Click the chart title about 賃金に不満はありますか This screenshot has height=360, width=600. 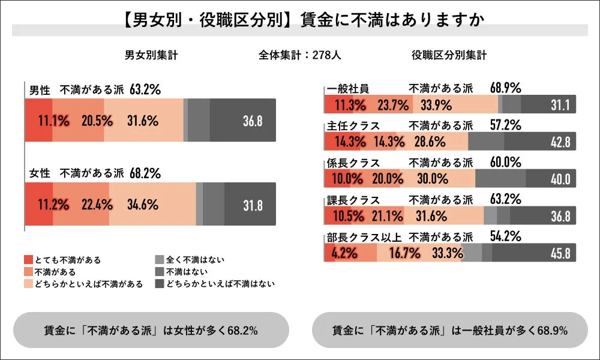click(299, 19)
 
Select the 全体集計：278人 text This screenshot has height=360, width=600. click(300, 55)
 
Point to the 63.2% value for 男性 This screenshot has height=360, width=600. click(145, 90)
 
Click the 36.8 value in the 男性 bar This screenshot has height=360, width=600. click(253, 121)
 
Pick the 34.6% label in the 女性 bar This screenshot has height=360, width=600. click(143, 205)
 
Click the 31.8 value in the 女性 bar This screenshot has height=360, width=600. click(253, 205)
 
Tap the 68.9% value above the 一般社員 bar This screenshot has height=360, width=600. click(505, 88)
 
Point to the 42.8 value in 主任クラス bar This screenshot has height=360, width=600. click(560, 142)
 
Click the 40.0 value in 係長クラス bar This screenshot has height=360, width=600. click(560, 179)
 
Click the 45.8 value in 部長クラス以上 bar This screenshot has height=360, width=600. click(560, 253)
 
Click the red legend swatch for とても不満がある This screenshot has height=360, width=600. click(28, 260)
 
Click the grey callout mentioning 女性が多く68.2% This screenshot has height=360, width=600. click(151, 330)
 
